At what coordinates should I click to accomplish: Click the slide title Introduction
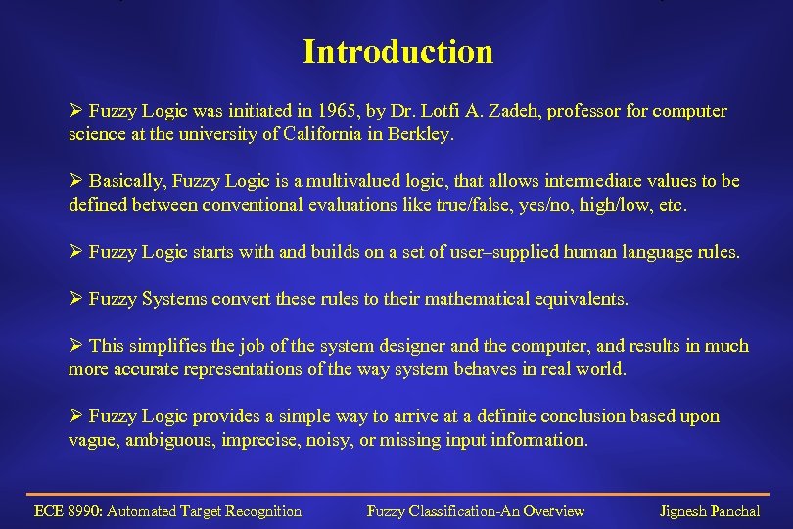[397, 51]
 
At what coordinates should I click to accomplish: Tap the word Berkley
[423, 135]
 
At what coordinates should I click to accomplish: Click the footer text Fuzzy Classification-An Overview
[475, 511]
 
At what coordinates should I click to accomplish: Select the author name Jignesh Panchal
[710, 511]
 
